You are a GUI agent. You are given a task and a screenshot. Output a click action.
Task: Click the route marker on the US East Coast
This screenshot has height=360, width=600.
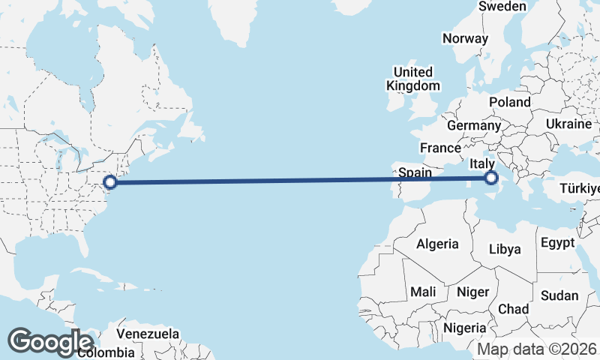110,181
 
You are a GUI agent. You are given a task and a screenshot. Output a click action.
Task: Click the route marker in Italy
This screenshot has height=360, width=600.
491,178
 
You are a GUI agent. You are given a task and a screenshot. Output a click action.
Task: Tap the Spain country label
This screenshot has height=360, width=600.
415,172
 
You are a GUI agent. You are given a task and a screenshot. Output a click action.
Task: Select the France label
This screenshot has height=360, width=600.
440,148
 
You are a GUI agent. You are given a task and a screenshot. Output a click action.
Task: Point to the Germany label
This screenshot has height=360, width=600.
473,125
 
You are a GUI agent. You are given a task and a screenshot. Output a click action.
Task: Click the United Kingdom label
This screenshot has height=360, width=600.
413,79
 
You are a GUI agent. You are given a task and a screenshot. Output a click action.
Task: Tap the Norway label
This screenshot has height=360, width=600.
465,38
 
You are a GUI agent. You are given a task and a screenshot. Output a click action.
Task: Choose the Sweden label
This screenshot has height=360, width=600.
502,6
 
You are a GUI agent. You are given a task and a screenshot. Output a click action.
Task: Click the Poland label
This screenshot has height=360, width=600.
509,102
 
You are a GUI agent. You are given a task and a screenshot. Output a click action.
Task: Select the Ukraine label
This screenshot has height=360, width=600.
568,124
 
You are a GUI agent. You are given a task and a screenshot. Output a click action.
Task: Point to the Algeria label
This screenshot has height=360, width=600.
437,244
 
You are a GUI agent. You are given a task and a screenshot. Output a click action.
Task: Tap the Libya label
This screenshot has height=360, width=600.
505,249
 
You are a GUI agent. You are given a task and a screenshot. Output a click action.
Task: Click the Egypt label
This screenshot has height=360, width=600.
557,243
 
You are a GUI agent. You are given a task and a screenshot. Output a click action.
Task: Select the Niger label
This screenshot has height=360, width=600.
472,292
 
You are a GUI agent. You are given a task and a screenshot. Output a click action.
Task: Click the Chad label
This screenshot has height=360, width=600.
513,309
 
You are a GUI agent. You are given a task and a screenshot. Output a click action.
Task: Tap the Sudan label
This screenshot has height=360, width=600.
559,295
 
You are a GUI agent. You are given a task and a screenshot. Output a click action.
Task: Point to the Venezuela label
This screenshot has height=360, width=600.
148,333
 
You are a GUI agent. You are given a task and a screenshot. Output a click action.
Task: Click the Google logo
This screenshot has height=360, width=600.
50,341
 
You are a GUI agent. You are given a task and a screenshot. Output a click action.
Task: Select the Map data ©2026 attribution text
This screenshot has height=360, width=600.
538,349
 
